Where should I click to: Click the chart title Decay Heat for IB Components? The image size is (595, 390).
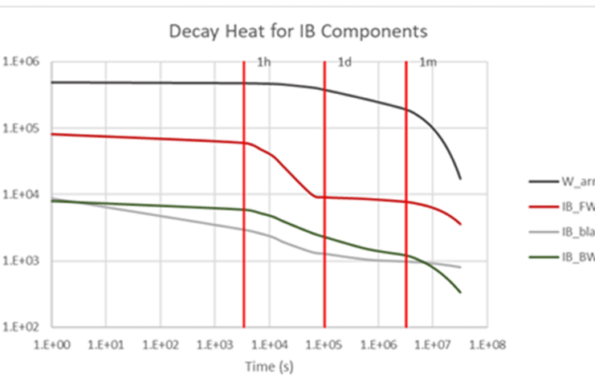pyautogui.click(x=297, y=33)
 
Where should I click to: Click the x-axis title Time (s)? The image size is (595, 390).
pyautogui.click(x=269, y=366)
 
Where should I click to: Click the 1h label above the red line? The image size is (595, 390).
pyautogui.click(x=263, y=63)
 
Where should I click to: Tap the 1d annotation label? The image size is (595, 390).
pyautogui.click(x=344, y=63)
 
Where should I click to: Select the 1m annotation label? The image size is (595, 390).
pyautogui.click(x=428, y=63)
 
